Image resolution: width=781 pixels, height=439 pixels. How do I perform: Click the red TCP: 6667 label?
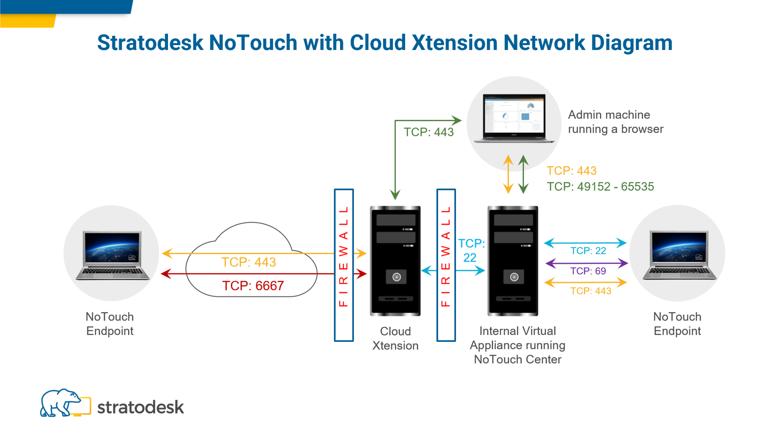253,286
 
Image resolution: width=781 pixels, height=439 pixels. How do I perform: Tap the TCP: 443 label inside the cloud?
248,262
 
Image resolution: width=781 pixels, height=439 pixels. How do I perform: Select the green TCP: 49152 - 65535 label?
600,187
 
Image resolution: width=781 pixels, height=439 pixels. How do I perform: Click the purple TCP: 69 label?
588,271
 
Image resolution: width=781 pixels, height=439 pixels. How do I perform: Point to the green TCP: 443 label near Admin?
429,132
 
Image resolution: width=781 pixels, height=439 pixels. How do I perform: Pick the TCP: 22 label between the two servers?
471,251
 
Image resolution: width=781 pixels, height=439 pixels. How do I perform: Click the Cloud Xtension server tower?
395,261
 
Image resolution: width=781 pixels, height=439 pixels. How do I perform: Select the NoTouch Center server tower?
513,261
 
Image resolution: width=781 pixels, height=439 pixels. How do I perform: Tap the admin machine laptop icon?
514,118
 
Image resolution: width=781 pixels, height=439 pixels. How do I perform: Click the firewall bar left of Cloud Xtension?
344,265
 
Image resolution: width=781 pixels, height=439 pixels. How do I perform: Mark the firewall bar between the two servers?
446,265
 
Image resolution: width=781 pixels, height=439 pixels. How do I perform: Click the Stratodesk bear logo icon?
64,404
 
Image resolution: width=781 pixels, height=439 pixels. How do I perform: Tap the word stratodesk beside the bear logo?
141,407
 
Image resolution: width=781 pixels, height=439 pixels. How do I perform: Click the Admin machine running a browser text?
615,122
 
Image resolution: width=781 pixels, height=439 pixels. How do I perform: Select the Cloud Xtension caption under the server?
395,339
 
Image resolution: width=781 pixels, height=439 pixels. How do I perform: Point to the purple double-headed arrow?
586,263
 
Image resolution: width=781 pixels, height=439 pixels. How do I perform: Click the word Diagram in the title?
631,43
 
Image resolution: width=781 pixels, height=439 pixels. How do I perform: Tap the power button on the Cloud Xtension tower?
396,277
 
